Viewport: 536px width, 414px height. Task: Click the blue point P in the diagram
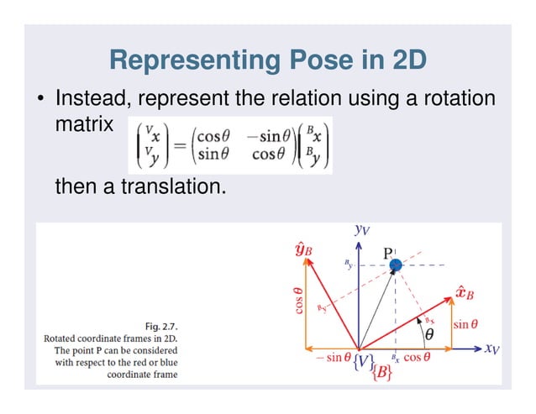coord(397,265)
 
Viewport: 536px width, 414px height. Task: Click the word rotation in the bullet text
coord(449,100)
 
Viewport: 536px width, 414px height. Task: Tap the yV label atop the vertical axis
coord(360,229)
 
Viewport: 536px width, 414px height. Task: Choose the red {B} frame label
coord(381,374)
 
